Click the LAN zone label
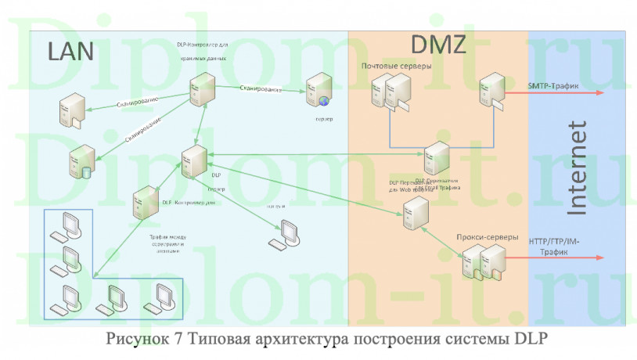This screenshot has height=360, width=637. click(x=70, y=51)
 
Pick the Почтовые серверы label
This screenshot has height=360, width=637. click(x=396, y=67)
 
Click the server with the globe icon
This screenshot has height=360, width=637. click(x=317, y=90)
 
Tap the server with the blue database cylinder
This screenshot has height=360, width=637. click(x=79, y=161)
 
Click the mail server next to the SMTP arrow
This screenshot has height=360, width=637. click(x=491, y=90)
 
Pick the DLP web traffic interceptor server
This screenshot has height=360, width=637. click(x=414, y=211)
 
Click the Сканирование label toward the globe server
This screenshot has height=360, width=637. click(x=261, y=90)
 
